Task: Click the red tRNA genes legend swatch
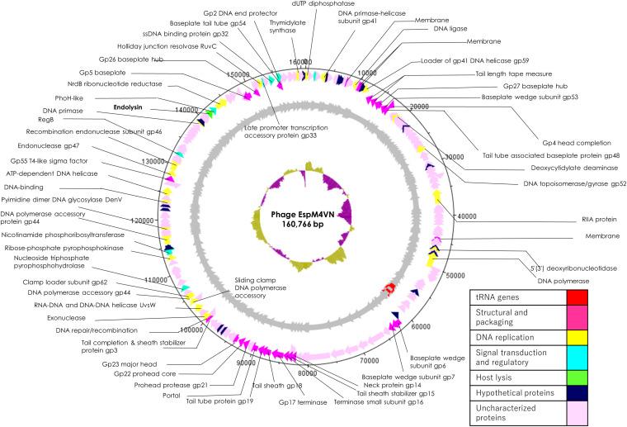(x=592, y=296)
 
